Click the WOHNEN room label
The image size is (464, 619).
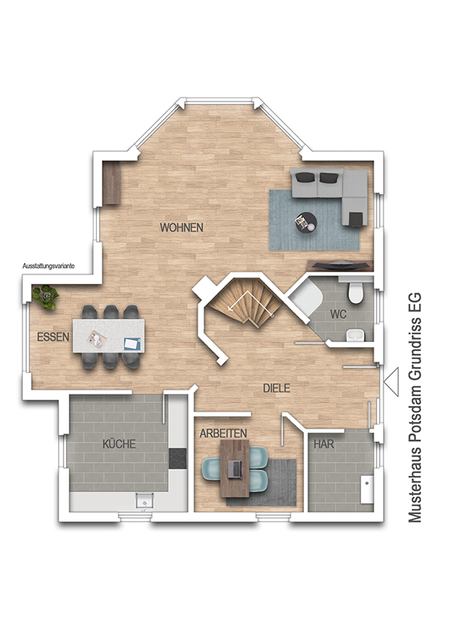tap(182, 227)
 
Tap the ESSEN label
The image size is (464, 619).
tap(53, 337)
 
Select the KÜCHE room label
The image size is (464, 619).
tap(119, 443)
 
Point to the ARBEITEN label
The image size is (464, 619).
tap(223, 433)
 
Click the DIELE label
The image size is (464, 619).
tap(277, 388)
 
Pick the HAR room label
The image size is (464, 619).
tap(324, 444)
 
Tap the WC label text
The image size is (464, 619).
tap(339, 314)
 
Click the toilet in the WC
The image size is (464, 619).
tap(355, 291)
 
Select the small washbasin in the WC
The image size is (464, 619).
tap(357, 336)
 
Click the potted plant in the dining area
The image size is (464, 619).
tap(46, 297)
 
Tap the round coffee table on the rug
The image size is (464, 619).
tap(306, 223)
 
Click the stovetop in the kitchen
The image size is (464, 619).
tap(178, 458)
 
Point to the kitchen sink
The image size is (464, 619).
tap(145, 501)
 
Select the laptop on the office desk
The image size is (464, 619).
tap(236, 469)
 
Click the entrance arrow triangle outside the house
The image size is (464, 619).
tap(391, 381)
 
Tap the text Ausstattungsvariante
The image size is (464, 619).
tap(49, 266)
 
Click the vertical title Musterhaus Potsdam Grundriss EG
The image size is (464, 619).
tap(415, 408)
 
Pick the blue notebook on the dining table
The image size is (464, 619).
tap(131, 344)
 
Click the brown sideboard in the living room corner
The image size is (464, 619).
tap(111, 183)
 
